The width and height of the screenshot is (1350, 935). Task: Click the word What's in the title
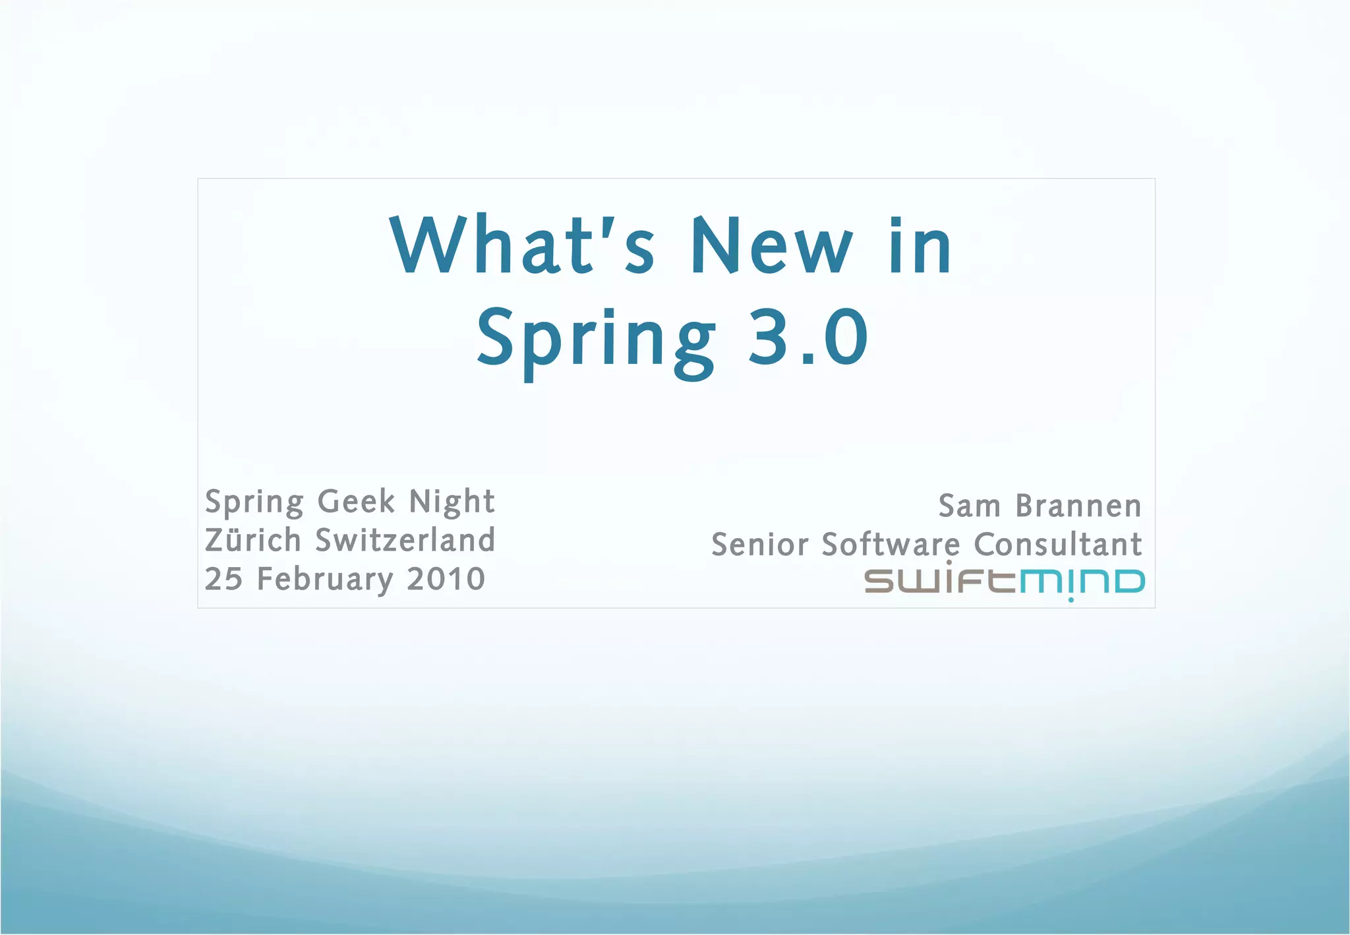(522, 245)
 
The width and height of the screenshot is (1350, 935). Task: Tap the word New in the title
(771, 245)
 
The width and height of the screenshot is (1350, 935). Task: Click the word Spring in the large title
(596, 340)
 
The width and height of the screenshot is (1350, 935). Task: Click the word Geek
(357, 502)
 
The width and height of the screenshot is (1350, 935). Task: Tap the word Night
(452, 502)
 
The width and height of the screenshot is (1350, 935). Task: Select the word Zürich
(253, 540)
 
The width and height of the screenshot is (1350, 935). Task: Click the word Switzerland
(405, 540)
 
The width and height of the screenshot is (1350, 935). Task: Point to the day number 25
(224, 579)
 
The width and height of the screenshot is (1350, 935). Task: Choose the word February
(325, 580)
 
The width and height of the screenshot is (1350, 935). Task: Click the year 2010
(446, 579)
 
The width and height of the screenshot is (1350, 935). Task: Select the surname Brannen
(1078, 506)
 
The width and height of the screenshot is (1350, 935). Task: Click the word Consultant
(1057, 545)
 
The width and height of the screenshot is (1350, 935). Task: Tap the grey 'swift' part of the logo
(941, 582)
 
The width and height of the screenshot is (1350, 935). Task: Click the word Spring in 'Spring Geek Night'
(254, 503)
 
